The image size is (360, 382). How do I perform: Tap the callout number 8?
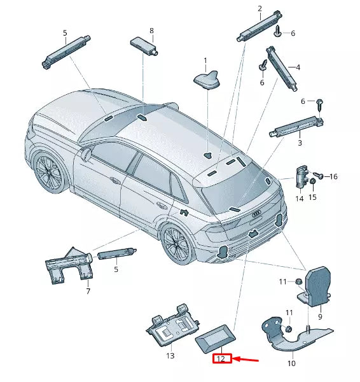tap(151, 31)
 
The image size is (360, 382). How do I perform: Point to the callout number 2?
tap(260, 8)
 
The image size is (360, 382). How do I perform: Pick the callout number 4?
tap(298, 67)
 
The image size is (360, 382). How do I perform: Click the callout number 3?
tap(299, 144)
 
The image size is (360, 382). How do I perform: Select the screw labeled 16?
tap(321, 175)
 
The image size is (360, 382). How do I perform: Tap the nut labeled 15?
tap(313, 183)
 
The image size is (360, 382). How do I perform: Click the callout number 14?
tap(299, 199)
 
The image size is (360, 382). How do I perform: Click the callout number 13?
tap(170, 356)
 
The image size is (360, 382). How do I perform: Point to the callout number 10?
tap(291, 364)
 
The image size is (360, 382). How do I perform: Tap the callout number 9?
tap(320, 316)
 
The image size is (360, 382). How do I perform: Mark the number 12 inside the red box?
tap(221, 359)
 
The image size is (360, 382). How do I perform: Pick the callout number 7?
tap(88, 292)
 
